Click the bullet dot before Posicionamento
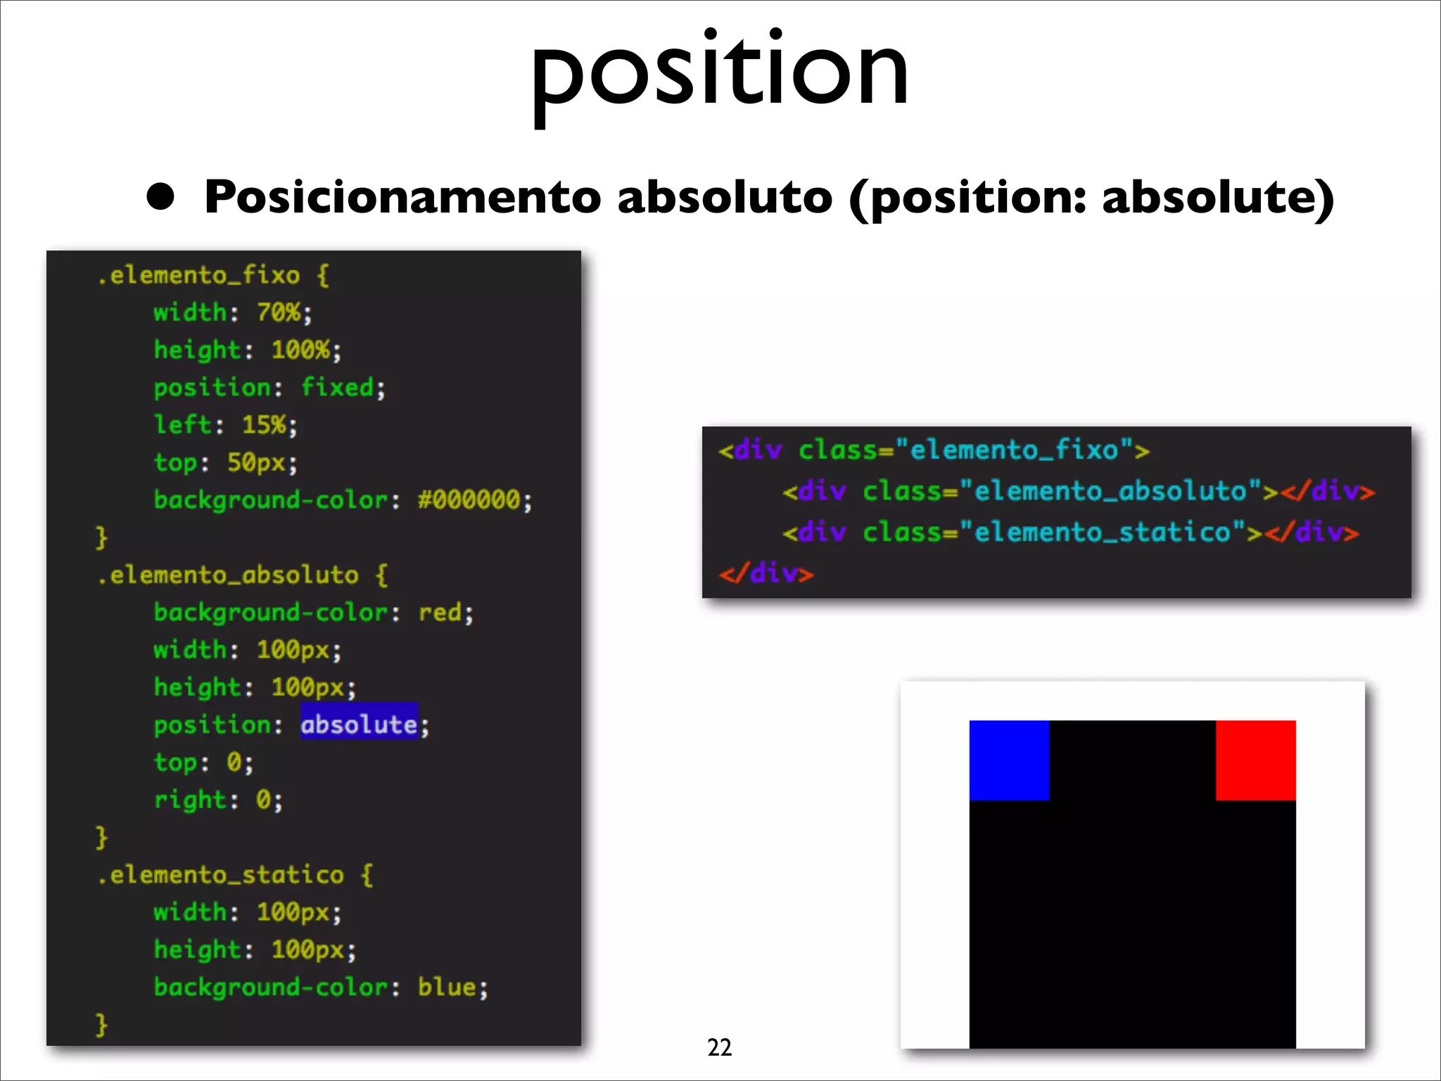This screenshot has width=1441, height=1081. tap(160, 197)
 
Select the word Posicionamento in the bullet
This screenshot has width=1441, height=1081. tap(402, 197)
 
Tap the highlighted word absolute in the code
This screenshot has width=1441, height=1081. tap(359, 724)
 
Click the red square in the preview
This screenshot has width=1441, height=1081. tap(1255, 760)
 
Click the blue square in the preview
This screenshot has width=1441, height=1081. tap(1009, 760)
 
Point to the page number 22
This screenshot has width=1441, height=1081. tap(719, 1047)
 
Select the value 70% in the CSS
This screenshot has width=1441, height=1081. tap(279, 312)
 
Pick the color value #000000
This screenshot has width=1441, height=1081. tap(469, 500)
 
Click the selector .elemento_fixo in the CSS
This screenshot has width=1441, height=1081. tap(198, 274)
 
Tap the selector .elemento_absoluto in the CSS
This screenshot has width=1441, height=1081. tap(227, 575)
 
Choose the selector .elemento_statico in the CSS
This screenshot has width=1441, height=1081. tap(220, 875)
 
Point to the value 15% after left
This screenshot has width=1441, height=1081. tap(265, 424)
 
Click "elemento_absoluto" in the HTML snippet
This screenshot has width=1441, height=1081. tap(1110, 491)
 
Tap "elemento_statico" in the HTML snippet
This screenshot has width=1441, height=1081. tap(1102, 532)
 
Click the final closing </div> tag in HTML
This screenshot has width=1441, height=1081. tap(766, 574)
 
